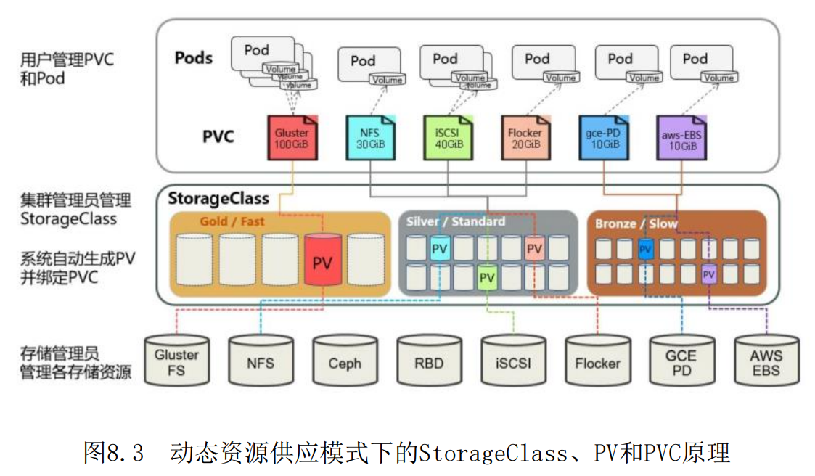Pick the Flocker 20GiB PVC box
[x=525, y=138]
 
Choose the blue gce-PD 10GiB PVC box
[x=603, y=138]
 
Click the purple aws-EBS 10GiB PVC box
[x=681, y=138]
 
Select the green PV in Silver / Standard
[x=487, y=277]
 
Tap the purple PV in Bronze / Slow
[x=709, y=275]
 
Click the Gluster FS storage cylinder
[x=176, y=361]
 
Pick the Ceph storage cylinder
[x=345, y=361]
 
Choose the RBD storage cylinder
[x=429, y=361]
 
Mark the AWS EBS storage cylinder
[x=766, y=361]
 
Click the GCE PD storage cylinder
[x=681, y=361]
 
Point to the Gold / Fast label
[x=232, y=221]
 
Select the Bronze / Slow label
[x=636, y=223]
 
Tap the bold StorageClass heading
[x=218, y=198]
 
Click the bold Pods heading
[x=193, y=57]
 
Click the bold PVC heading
[x=218, y=136]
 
